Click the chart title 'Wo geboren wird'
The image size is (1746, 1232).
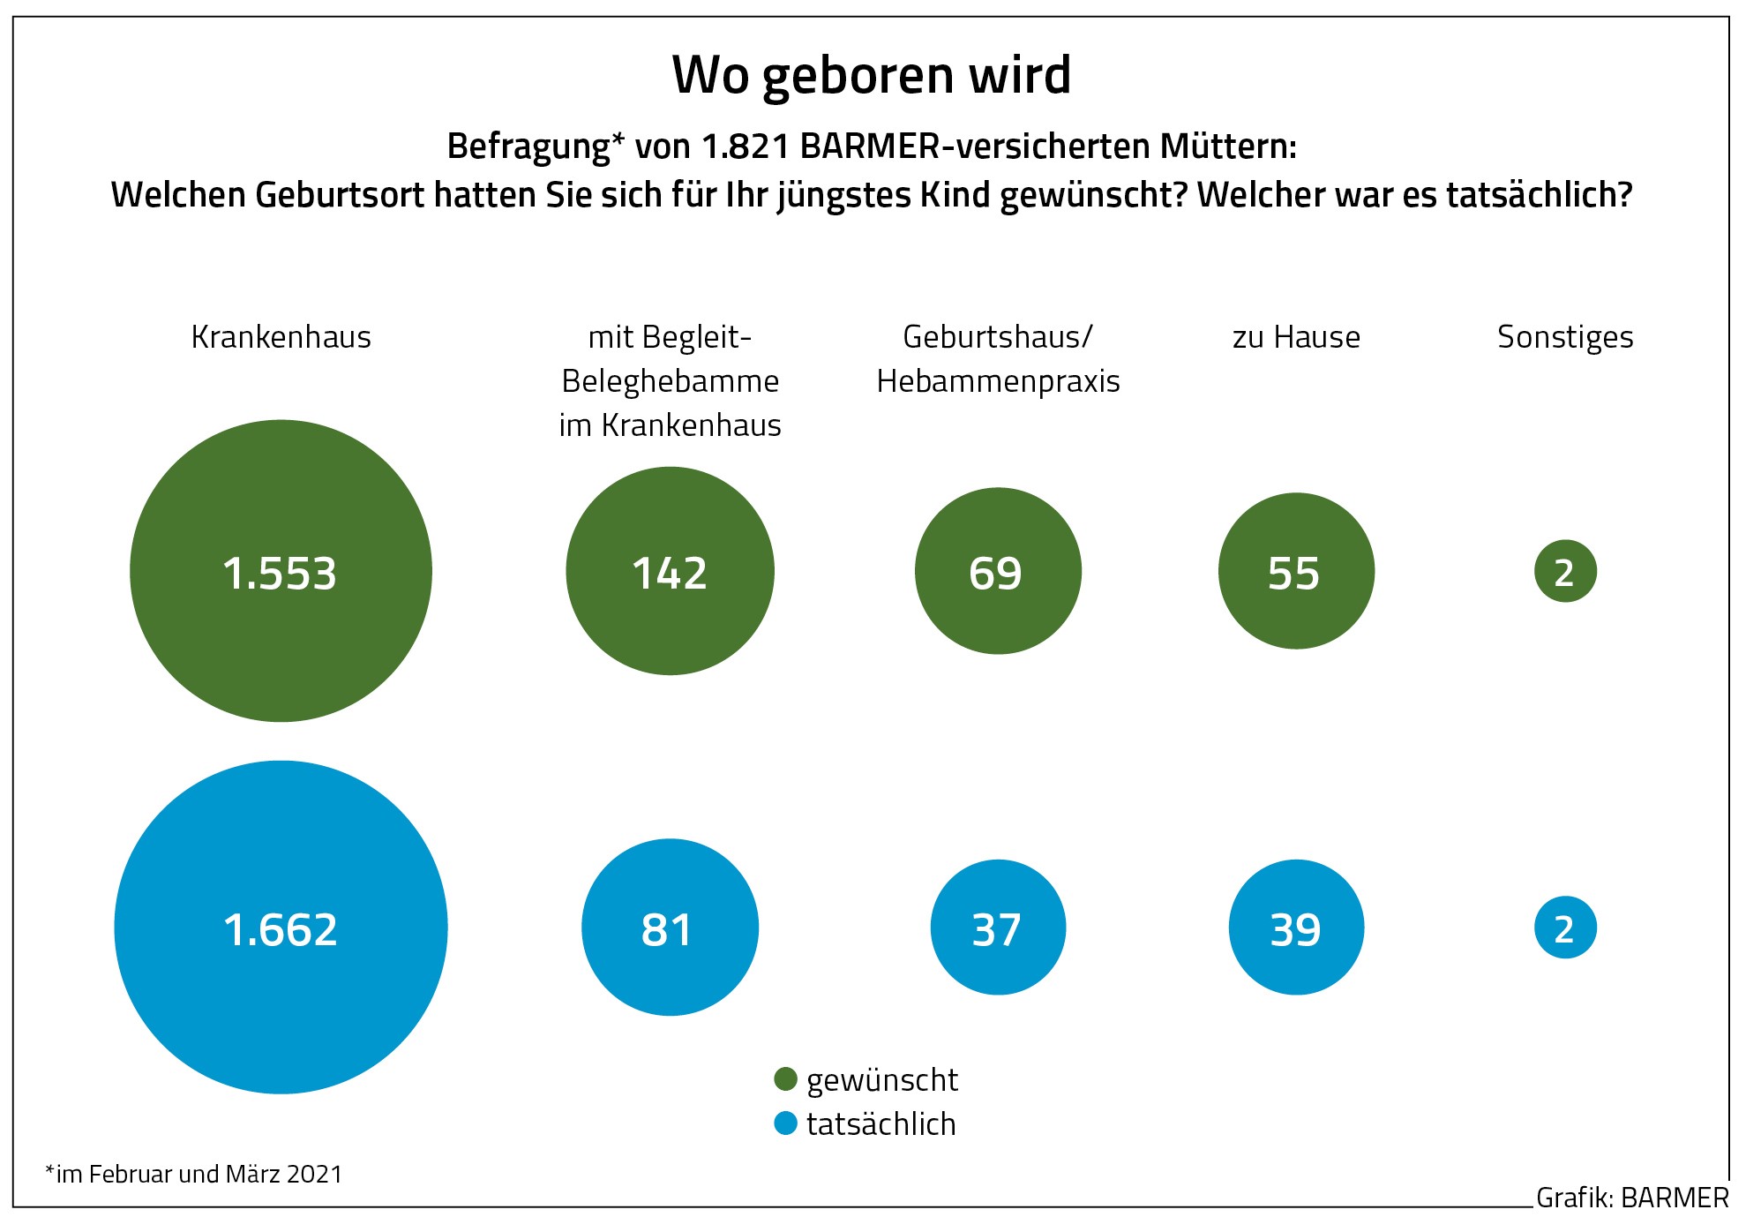pos(872,75)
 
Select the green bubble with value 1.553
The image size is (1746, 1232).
pos(281,571)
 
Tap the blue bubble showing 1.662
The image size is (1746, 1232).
pos(281,928)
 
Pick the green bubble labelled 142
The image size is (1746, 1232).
pos(670,571)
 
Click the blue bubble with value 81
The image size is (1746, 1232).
pos(670,928)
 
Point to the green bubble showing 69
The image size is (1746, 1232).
pos(998,571)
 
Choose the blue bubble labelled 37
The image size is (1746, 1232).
pos(998,928)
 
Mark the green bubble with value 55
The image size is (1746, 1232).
pos(1296,571)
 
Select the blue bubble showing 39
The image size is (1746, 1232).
pos(1296,928)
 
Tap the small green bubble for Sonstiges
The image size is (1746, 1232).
pos(1565,571)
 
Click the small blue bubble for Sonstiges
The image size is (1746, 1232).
pos(1565,928)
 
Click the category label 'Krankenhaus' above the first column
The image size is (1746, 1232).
pos(281,337)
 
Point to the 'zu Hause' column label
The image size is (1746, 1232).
pos(1296,337)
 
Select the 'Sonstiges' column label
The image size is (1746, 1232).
pos(1565,337)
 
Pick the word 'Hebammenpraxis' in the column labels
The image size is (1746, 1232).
pos(998,381)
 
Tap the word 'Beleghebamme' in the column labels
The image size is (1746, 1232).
pos(670,381)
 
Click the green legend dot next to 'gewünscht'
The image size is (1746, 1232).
pos(785,1079)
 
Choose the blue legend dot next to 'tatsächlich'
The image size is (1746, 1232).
pos(785,1123)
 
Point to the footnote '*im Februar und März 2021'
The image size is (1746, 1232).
pos(193,1175)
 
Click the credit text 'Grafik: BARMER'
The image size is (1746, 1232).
pos(1632,1198)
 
